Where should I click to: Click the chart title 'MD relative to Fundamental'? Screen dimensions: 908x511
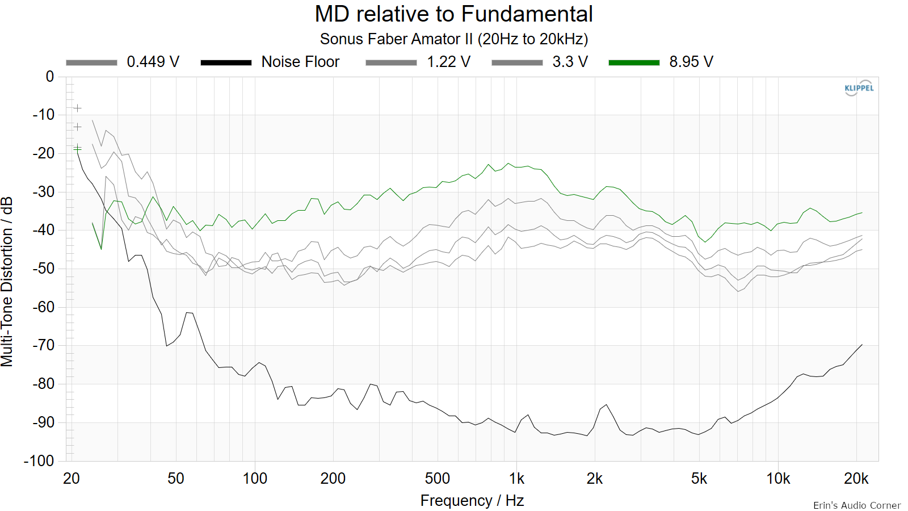click(453, 14)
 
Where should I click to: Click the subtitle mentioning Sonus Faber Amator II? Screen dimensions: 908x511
click(453, 39)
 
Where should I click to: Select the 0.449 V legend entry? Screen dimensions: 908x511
click(123, 62)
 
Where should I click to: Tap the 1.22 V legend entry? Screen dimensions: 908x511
click(418, 62)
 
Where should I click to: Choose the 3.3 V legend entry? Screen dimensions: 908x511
click(540, 62)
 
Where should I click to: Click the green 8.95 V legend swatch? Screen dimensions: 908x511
click(634, 62)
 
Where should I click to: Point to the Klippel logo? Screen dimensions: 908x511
click(859, 88)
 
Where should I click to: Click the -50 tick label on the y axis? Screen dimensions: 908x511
click(43, 269)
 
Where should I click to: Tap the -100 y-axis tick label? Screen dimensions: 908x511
click(39, 460)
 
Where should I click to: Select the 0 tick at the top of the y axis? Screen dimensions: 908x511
click(50, 77)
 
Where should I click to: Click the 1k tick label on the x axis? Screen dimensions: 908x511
click(516, 479)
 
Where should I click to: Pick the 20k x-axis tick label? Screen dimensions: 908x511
click(856, 479)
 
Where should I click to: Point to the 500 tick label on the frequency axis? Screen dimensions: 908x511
click(438, 479)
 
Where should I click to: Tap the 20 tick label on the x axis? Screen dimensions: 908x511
click(72, 479)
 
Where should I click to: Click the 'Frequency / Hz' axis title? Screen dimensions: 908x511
click(472, 501)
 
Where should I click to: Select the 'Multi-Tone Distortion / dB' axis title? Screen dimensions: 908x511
click(7, 282)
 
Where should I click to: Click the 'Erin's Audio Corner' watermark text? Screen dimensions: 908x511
click(856, 505)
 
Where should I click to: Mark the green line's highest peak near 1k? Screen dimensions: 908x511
click(508, 164)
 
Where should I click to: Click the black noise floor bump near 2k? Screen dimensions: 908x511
click(606, 405)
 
